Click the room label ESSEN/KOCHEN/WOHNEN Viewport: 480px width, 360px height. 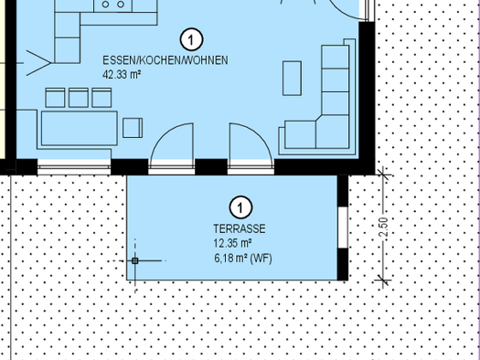tap(165, 60)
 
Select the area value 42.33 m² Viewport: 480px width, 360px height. tap(122, 75)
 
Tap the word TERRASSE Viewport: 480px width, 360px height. tap(240, 228)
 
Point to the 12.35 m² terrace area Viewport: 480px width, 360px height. tap(232, 243)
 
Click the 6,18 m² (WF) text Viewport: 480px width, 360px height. tap(243, 259)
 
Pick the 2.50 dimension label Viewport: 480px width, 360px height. tap(384, 228)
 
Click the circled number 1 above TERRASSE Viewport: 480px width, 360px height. tap(240, 207)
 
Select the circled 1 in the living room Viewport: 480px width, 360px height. tap(192, 39)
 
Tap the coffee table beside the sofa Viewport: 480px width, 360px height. tap(292, 79)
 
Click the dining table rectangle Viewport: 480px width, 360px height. tap(80, 129)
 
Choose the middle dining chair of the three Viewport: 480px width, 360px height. tap(79, 98)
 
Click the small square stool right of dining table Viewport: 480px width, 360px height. tap(133, 128)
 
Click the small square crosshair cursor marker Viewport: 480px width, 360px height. tap(135, 261)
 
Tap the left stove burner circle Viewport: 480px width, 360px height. tap(105, 5)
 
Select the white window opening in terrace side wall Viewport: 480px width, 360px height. tap(343, 228)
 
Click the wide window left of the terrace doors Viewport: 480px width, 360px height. tap(74, 167)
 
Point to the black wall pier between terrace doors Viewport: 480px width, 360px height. tap(211, 167)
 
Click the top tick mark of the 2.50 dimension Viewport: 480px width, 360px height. tap(384, 175)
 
